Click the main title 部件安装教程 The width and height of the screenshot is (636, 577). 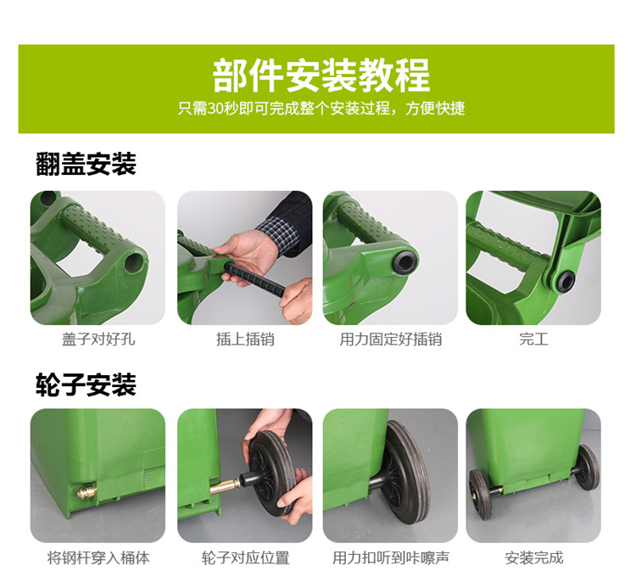321,75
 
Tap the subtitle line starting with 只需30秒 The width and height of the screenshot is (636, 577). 321,109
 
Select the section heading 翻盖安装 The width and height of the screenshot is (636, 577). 86,164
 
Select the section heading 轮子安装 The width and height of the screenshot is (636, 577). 86,384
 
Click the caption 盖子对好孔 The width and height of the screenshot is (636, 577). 98,339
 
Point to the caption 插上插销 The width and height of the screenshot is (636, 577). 245,339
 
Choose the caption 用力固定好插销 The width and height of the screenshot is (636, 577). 391,339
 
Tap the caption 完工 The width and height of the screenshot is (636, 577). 533,339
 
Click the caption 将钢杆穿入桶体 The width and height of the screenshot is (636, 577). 98,558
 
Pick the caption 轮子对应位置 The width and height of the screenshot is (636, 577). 245,558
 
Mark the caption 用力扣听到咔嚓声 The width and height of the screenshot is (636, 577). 391,558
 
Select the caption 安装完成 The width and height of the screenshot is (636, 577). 533,558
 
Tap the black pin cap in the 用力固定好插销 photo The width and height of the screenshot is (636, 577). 404,262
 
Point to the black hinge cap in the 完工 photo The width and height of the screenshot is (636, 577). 565,281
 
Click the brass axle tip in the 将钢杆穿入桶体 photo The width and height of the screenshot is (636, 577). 87,491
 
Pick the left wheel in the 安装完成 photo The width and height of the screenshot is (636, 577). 481,493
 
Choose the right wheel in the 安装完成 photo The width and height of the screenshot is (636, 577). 587,468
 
